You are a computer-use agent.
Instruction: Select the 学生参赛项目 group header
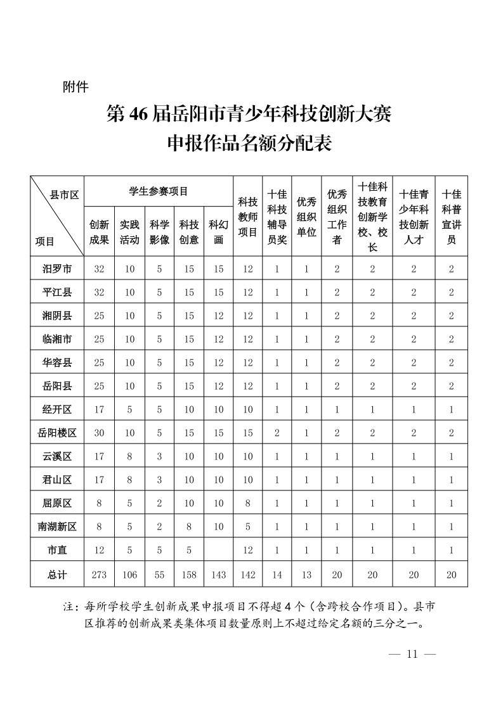click(159, 190)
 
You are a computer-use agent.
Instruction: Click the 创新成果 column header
click(99, 232)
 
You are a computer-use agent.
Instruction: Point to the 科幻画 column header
click(219, 232)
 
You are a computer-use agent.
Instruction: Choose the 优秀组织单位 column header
click(306, 217)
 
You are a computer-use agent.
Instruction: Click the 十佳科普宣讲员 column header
click(452, 217)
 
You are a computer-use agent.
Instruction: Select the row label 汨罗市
click(57, 269)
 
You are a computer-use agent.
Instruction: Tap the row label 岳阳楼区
click(57, 433)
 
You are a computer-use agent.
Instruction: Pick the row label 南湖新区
click(57, 527)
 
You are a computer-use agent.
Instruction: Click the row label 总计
click(57, 575)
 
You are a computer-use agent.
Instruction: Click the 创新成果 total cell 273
click(99, 575)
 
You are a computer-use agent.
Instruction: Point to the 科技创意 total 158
click(189, 575)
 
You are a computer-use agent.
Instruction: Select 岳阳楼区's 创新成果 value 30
click(99, 433)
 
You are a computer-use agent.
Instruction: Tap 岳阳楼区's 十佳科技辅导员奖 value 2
click(277, 433)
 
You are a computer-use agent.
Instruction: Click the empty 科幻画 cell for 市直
click(219, 550)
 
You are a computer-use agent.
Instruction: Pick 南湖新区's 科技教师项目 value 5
click(248, 527)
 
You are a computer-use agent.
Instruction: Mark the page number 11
click(412, 654)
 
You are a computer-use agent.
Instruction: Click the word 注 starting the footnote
click(69, 607)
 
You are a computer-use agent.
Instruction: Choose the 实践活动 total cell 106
click(129, 575)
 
